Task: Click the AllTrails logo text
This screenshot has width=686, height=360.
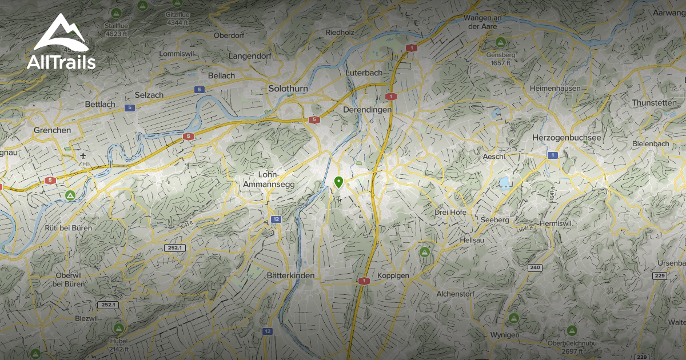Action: (x=61, y=63)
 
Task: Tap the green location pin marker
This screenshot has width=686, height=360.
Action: (x=338, y=183)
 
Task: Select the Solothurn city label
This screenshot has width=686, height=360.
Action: (x=288, y=89)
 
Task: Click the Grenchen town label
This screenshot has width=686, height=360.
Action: (x=52, y=130)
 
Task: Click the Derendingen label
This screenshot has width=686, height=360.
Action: (x=368, y=109)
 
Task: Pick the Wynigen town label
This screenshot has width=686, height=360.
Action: (x=504, y=334)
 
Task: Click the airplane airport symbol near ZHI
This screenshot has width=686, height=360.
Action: (x=84, y=155)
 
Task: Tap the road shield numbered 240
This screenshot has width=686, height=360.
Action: (x=535, y=267)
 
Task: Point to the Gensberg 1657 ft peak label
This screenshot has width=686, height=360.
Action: (x=501, y=58)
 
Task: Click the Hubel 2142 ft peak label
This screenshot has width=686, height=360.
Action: (x=118, y=345)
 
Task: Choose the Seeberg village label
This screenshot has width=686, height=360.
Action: (x=495, y=219)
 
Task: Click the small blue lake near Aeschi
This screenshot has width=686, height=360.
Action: (x=505, y=183)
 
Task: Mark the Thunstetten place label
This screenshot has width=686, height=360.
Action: (x=653, y=102)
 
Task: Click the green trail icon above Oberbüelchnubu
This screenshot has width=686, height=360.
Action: (x=571, y=330)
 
